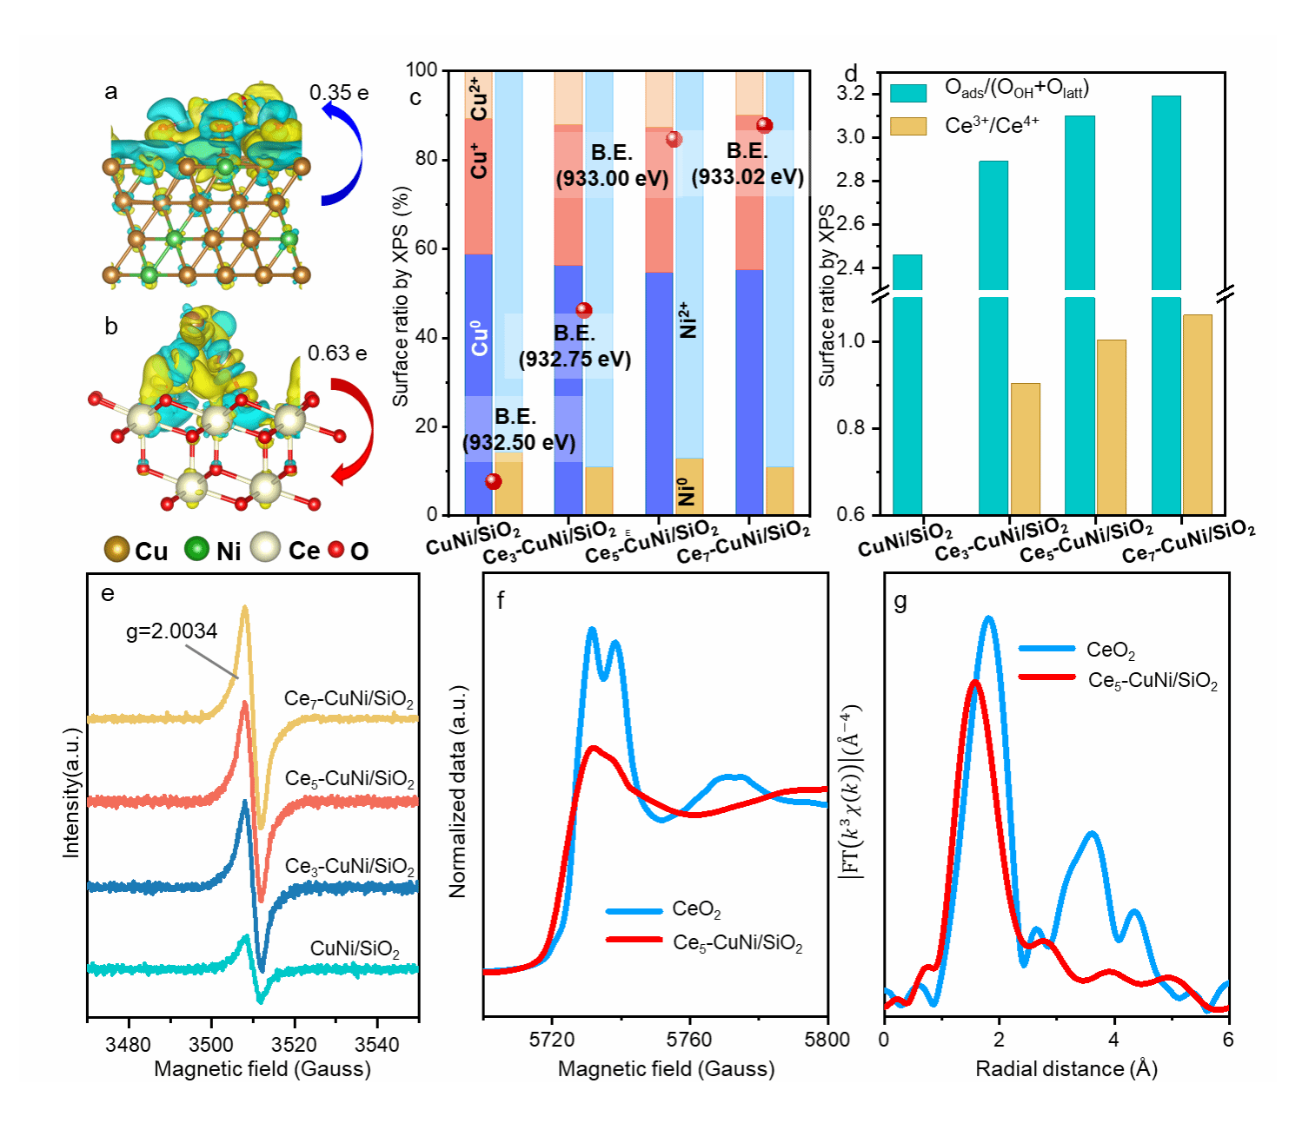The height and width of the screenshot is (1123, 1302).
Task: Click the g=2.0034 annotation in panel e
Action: pyautogui.click(x=172, y=631)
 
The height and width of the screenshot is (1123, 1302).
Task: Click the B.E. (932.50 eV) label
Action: pyautogui.click(x=518, y=430)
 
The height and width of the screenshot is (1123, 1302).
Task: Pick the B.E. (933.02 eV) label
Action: pyautogui.click(x=747, y=164)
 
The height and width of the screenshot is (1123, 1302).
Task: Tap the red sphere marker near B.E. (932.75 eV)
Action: pyautogui.click(x=584, y=310)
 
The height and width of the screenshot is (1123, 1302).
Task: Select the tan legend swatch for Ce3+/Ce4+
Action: pyautogui.click(x=908, y=127)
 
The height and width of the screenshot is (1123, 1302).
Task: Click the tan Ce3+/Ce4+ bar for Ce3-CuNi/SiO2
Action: pyautogui.click(x=1025, y=448)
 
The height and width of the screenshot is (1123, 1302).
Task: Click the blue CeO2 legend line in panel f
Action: pyautogui.click(x=634, y=910)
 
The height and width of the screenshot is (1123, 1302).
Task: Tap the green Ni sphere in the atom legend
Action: pyautogui.click(x=197, y=549)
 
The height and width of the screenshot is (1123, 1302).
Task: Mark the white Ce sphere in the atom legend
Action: pyautogui.click(x=265, y=548)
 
